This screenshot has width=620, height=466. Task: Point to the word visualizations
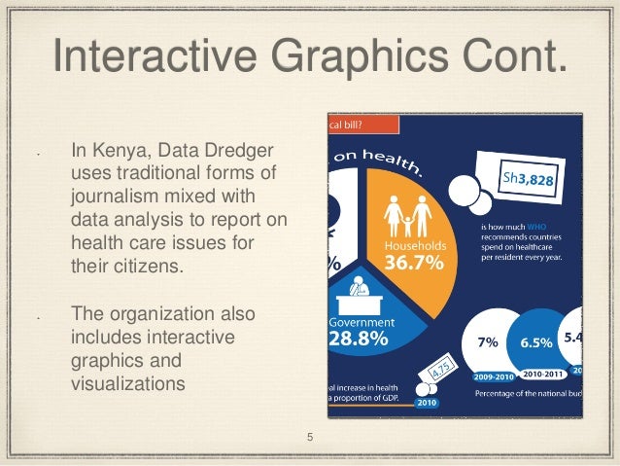click(128, 382)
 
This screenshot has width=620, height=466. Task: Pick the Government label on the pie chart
click(361, 322)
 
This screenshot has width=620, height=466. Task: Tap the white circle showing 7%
click(488, 342)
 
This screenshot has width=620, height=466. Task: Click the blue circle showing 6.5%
click(535, 342)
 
